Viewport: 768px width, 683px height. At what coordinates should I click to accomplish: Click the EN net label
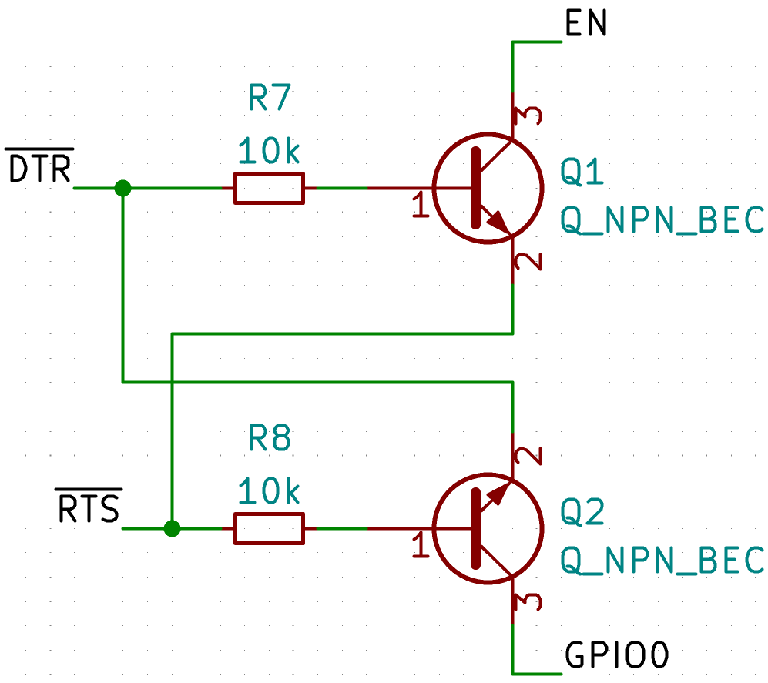click(586, 25)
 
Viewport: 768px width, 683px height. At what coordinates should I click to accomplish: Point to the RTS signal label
click(89, 509)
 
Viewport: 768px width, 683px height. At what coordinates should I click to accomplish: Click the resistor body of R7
click(269, 188)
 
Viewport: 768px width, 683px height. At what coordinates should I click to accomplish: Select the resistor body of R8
click(269, 529)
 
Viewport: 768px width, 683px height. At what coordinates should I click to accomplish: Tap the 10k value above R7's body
click(269, 152)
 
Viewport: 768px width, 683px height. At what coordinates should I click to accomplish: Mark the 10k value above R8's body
click(269, 492)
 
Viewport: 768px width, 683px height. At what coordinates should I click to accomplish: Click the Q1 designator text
click(582, 173)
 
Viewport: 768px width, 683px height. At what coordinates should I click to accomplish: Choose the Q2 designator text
click(582, 512)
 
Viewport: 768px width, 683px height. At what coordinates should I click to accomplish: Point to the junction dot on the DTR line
click(122, 188)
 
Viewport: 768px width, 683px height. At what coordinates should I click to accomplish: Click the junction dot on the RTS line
click(173, 529)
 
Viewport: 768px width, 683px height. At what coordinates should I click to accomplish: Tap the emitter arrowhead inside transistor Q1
click(498, 223)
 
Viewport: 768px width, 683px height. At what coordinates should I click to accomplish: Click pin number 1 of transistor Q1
click(420, 206)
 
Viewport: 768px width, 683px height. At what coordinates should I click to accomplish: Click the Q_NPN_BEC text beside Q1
click(662, 221)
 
